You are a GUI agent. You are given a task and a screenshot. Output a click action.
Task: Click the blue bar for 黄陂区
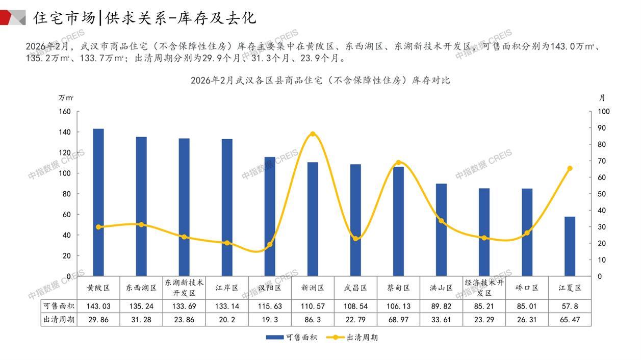(x=98, y=202)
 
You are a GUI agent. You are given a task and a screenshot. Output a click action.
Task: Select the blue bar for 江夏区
(x=570, y=246)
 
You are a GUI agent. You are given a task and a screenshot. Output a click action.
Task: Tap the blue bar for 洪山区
(x=441, y=230)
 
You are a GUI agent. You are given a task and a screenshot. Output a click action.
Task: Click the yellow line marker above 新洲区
(x=313, y=134)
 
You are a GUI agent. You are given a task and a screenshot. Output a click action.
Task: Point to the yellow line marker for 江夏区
(x=570, y=168)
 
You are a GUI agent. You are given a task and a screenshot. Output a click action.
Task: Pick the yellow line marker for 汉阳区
(x=270, y=244)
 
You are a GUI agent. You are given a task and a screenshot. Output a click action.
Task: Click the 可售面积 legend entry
(x=291, y=338)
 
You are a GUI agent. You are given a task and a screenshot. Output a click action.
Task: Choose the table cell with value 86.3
(x=313, y=320)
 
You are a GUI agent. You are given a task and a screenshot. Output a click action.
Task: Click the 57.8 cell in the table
(x=570, y=306)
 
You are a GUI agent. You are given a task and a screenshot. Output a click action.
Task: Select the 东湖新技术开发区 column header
(x=184, y=288)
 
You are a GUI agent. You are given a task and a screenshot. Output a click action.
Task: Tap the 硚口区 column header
(x=527, y=288)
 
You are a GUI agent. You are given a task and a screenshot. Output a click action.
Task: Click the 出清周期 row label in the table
(x=58, y=320)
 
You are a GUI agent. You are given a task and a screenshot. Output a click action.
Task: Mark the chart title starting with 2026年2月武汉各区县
(x=320, y=81)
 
